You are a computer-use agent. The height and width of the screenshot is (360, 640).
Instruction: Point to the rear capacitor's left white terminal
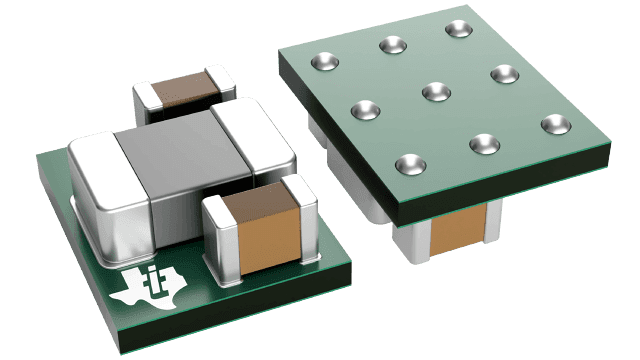(x=145, y=96)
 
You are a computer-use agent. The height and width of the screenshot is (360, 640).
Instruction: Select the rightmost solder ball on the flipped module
(x=553, y=124)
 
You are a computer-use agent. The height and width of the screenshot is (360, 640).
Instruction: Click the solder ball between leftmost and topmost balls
(x=390, y=44)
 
